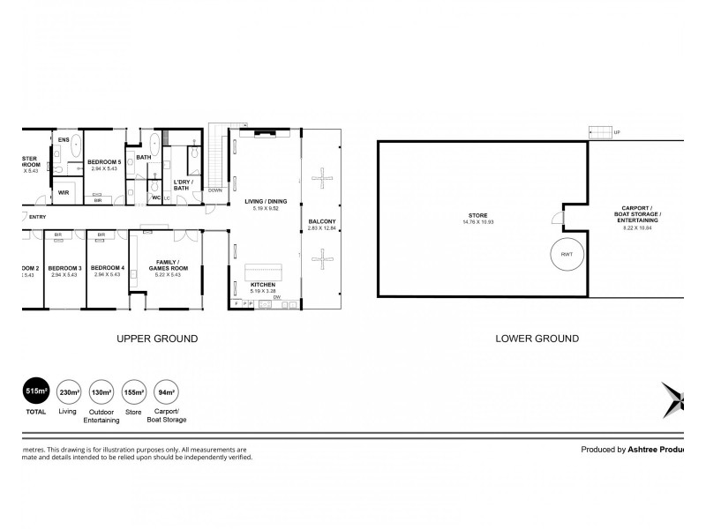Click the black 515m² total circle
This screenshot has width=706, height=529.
(x=35, y=392)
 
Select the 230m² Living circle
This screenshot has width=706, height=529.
(x=69, y=392)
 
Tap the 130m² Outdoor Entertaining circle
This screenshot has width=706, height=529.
(x=101, y=392)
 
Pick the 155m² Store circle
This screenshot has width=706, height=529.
(x=135, y=392)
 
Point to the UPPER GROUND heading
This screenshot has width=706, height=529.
(x=157, y=339)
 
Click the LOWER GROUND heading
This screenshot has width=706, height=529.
(x=537, y=339)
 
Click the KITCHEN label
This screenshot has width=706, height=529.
(x=262, y=285)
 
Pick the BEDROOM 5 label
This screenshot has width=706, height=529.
(x=103, y=161)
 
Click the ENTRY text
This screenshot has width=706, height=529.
(x=38, y=217)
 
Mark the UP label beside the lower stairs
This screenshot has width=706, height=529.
(x=616, y=132)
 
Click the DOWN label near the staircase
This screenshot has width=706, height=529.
(x=215, y=190)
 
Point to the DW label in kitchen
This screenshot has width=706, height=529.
(x=277, y=297)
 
